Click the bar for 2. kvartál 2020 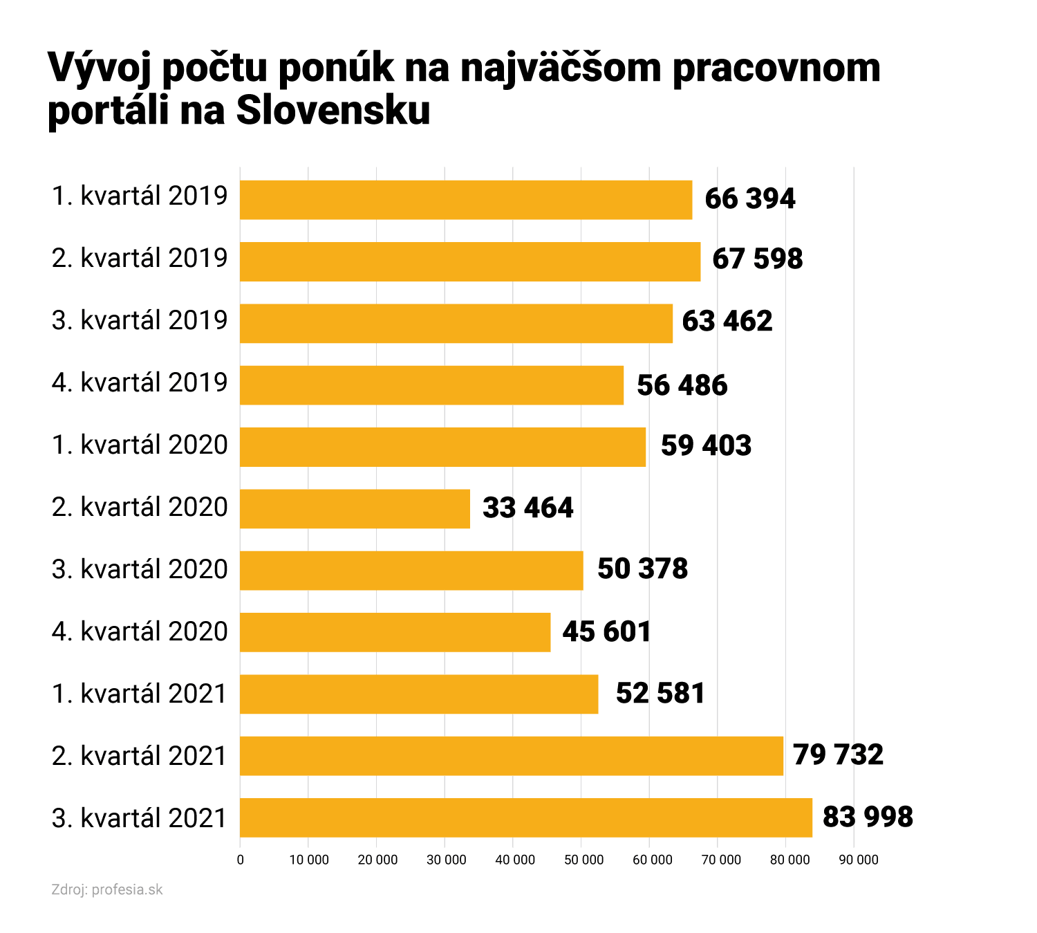click(355, 509)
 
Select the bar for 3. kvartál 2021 click(525, 817)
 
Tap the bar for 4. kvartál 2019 click(431, 385)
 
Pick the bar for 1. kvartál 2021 click(419, 694)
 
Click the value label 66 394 click(749, 199)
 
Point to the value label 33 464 click(527, 508)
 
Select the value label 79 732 click(838, 755)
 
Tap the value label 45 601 click(606, 632)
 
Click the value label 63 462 click(727, 322)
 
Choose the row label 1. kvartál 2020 click(140, 445)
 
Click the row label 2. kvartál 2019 click(140, 258)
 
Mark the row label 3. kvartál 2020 click(140, 569)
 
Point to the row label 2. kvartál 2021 click(140, 756)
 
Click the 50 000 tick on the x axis click(583, 860)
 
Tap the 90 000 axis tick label click(858, 860)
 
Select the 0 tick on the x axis click(240, 860)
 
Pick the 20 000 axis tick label click(377, 860)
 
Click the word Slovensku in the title click(333, 110)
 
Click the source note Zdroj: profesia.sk click(107, 890)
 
